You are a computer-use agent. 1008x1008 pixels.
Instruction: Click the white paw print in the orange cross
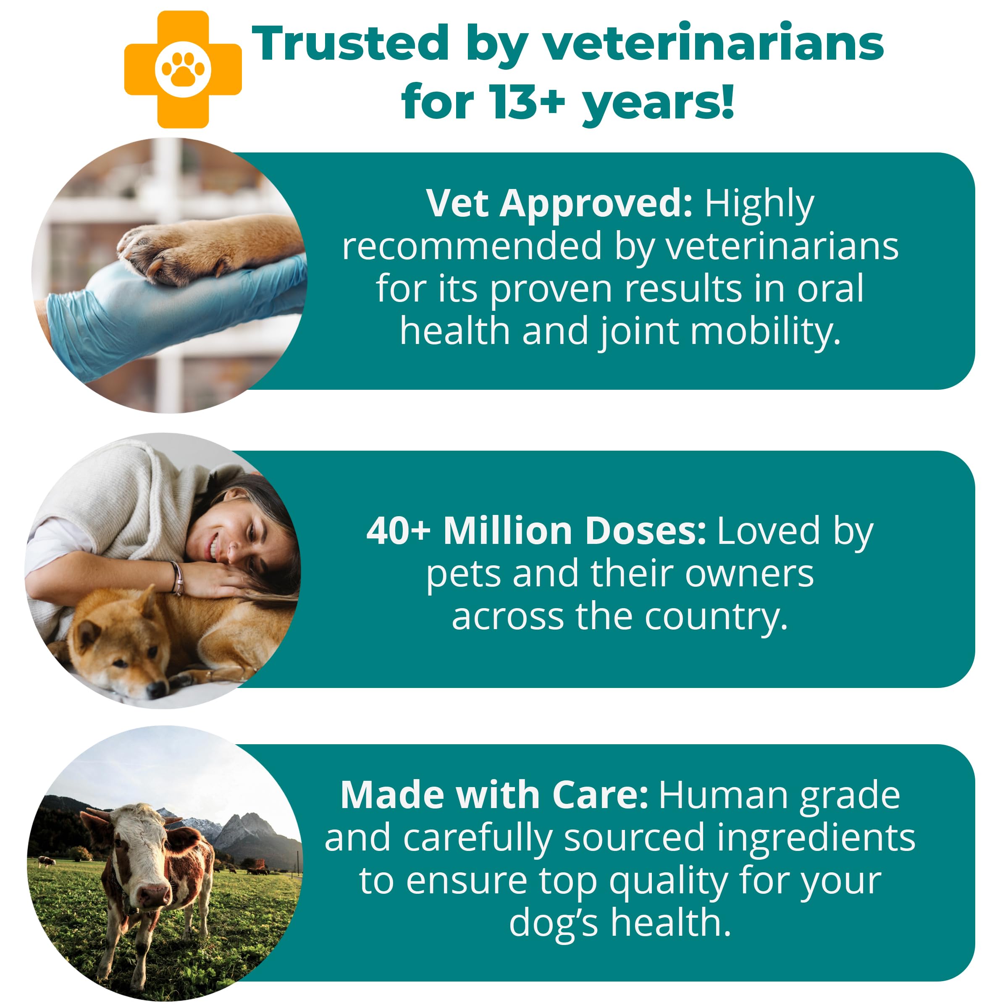pos(183,69)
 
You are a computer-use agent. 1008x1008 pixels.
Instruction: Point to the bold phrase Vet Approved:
pos(559,203)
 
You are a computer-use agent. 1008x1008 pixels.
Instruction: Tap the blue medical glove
pos(131,313)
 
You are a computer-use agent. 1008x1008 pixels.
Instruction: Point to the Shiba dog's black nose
pos(155,690)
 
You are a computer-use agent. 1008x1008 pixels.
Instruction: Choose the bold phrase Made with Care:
pos(493,795)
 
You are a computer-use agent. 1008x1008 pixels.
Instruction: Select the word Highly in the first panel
pos(759,203)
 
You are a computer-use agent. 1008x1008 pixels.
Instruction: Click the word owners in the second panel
pos(749,574)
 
